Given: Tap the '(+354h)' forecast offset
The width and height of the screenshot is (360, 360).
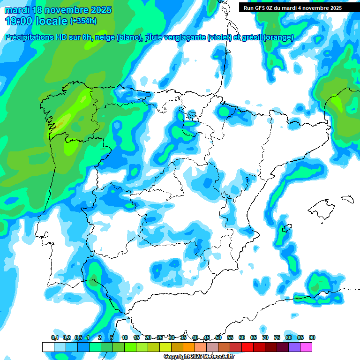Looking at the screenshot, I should [83, 21].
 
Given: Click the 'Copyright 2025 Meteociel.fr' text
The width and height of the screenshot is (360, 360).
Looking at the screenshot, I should [199, 356].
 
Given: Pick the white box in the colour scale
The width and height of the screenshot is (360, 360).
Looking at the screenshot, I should [48, 347].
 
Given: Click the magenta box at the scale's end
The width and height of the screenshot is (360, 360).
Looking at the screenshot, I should [306, 347].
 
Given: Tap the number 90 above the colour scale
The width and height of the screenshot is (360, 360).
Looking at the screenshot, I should [312, 337].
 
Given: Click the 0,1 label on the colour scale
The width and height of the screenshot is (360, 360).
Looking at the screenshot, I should [55, 337].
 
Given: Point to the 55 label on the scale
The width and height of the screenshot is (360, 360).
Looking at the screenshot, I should [230, 337].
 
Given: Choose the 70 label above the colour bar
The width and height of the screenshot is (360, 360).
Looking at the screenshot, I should [265, 337].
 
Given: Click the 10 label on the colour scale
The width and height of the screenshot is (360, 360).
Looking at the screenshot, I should [125, 337].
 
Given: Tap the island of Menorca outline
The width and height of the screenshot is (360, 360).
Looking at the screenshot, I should [347, 198].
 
